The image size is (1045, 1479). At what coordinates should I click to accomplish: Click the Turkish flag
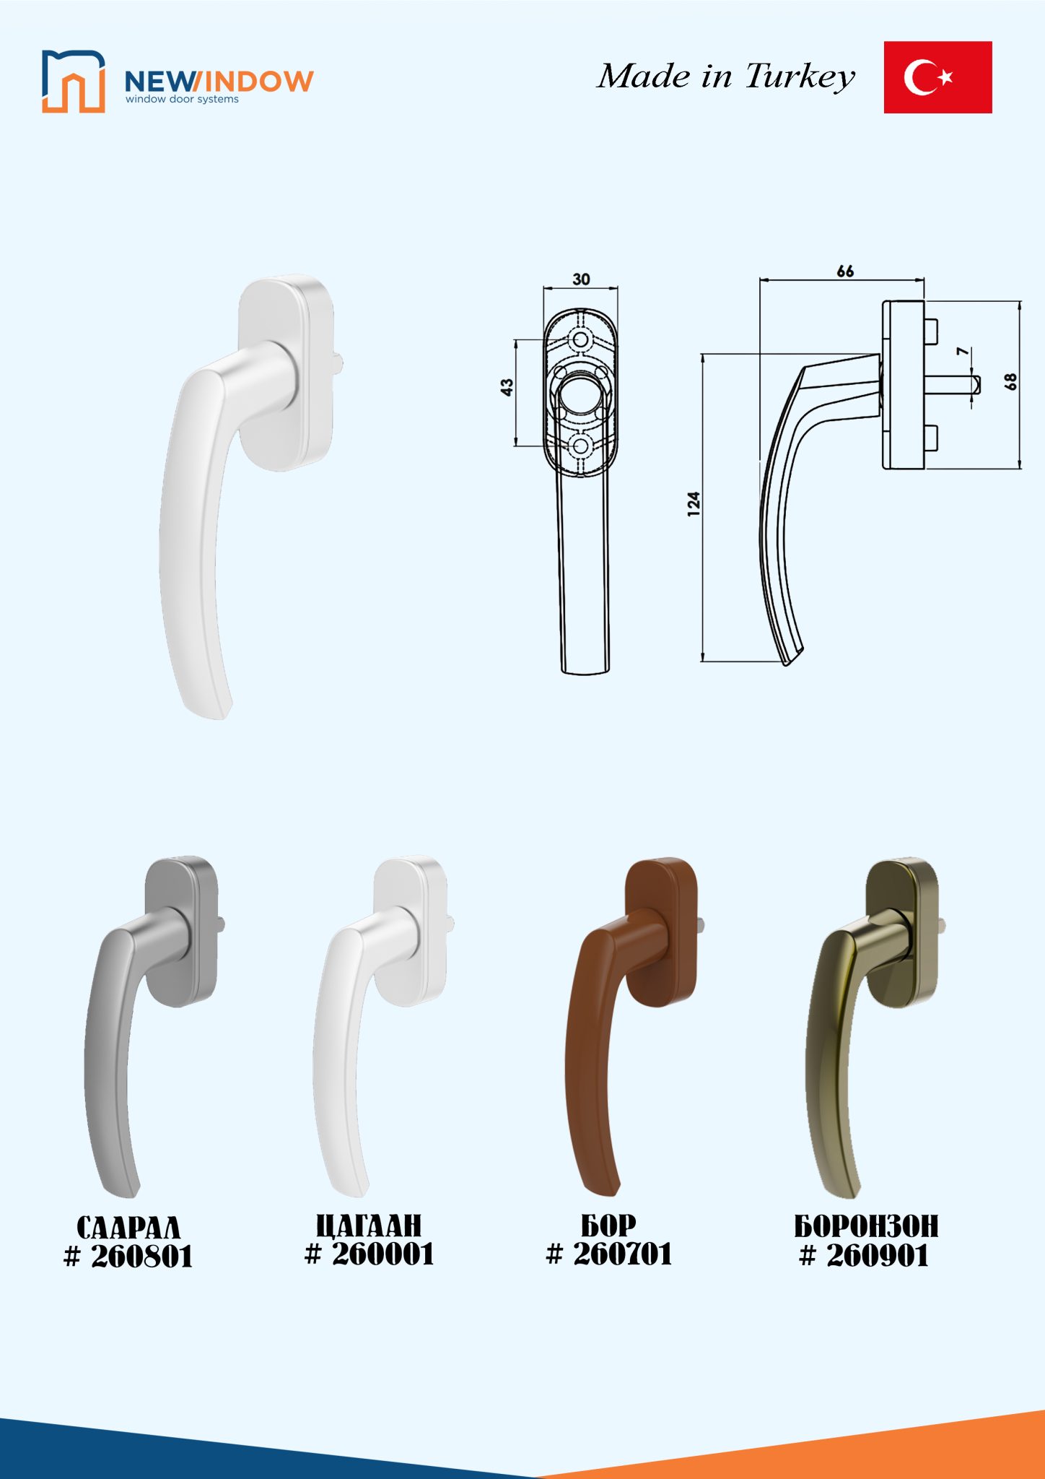(937, 77)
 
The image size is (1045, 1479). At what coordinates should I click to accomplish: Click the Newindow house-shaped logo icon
(74, 82)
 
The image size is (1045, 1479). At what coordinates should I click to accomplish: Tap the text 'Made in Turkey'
(725, 77)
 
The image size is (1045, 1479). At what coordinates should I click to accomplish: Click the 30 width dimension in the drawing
(581, 279)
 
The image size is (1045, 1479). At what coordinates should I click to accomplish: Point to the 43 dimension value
(507, 388)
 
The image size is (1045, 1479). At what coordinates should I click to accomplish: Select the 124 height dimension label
(694, 503)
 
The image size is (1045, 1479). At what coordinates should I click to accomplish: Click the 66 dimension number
(845, 272)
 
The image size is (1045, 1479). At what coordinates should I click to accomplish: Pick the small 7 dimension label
(963, 352)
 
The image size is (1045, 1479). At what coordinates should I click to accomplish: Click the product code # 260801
(128, 1257)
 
